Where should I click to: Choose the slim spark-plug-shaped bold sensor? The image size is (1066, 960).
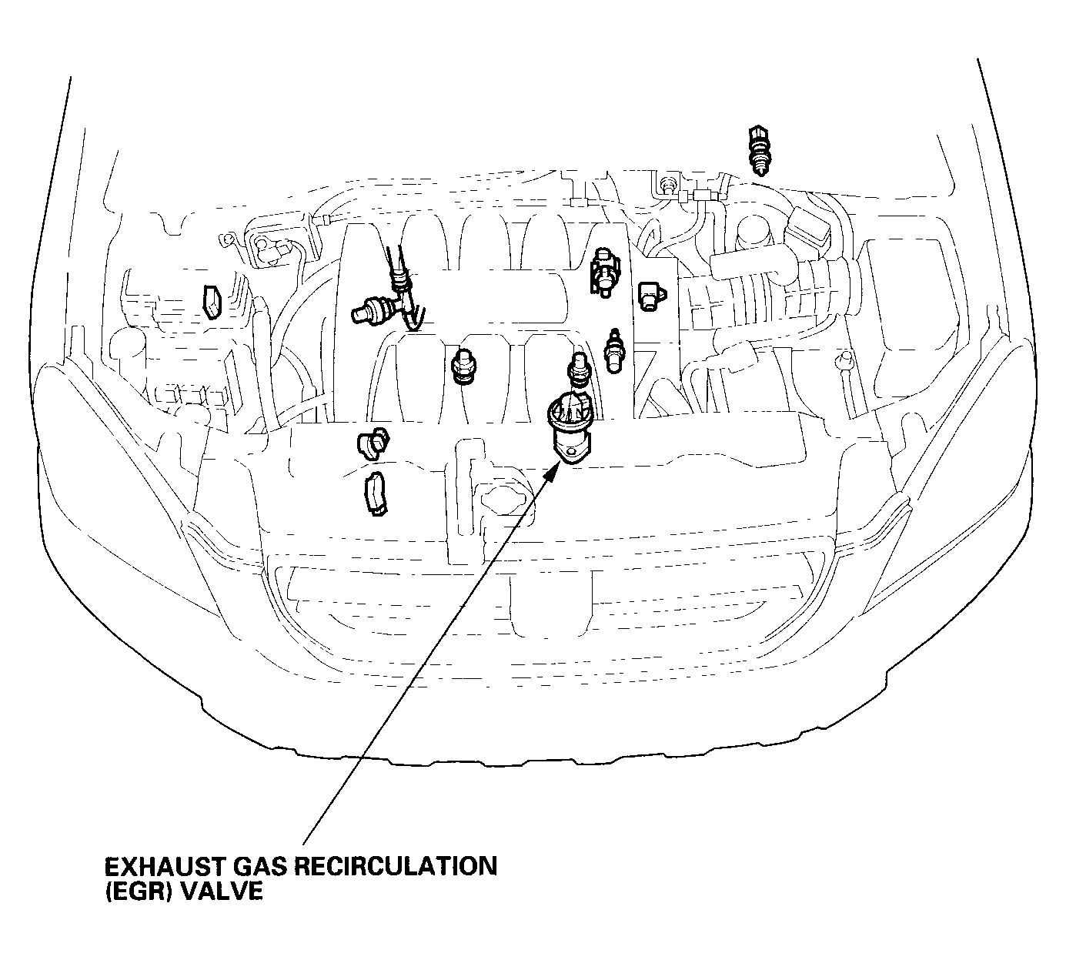[x=613, y=351]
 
